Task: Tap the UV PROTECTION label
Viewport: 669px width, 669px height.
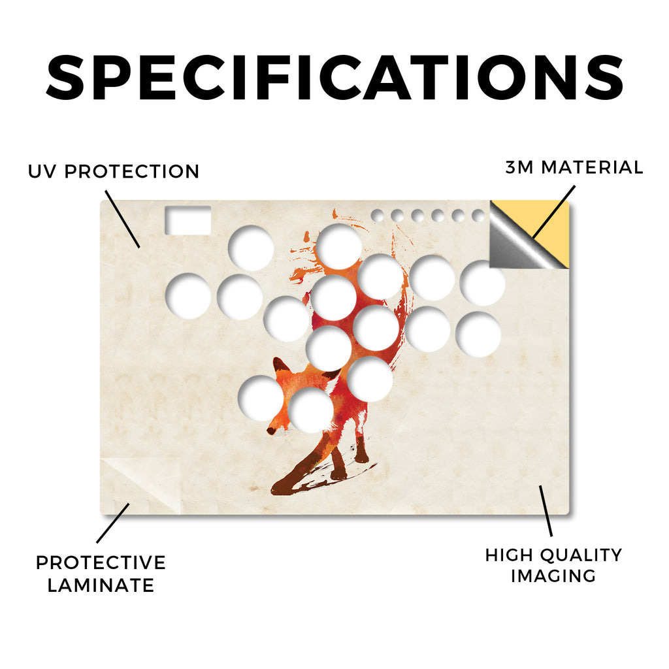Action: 114,172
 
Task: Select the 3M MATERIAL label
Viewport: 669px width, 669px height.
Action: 574,167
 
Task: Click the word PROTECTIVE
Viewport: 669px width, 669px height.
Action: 101,563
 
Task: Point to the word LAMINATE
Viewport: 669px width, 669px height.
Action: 101,585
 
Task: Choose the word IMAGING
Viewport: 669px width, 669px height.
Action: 553,576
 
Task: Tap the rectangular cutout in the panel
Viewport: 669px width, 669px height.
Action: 188,220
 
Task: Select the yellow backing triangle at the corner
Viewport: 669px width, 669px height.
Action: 553,231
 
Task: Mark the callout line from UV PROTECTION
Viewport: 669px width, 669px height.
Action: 122,219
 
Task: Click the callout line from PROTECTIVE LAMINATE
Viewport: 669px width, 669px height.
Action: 113,523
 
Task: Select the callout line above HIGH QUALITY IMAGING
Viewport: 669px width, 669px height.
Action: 546,511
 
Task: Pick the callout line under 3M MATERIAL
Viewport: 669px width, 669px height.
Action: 554,212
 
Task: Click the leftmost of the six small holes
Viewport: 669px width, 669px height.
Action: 377,216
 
